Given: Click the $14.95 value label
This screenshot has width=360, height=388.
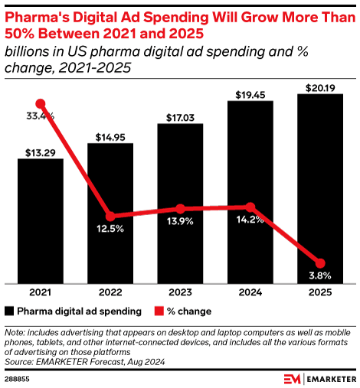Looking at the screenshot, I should (x=110, y=137).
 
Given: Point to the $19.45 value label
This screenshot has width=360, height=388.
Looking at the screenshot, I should (x=250, y=94).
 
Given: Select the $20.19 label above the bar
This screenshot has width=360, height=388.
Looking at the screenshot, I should (x=320, y=87).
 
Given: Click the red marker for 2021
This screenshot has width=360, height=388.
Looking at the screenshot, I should (x=41, y=104).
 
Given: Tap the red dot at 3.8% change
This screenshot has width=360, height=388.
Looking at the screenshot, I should (x=320, y=263).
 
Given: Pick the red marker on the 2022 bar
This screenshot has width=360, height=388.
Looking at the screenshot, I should (x=110, y=217).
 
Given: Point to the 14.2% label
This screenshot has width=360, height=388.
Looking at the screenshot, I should (x=250, y=220).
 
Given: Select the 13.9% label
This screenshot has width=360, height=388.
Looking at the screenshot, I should (x=180, y=221).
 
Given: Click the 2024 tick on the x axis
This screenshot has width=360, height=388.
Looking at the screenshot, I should (x=250, y=292).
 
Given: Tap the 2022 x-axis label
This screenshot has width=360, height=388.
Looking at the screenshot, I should (x=110, y=292).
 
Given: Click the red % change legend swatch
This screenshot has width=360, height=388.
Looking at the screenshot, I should (x=160, y=311).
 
